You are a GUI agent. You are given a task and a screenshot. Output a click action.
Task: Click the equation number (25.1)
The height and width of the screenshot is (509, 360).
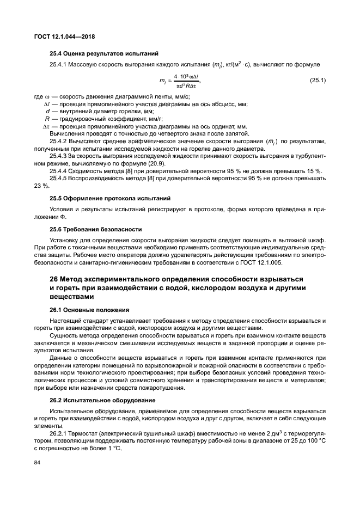318,81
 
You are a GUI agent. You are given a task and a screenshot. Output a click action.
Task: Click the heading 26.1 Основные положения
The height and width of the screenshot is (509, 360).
89,309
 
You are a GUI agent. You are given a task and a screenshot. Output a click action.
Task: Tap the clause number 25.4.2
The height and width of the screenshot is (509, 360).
59,141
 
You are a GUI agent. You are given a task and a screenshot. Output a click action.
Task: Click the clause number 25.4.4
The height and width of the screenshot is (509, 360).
59,170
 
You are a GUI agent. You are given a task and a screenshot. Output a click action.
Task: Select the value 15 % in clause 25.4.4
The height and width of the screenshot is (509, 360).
314,170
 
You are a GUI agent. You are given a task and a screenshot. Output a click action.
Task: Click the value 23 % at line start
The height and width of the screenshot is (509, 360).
41,185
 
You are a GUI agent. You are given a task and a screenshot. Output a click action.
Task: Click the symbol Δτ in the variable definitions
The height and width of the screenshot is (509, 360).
46,125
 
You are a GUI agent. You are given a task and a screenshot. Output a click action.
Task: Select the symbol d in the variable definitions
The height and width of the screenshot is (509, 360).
48,111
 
